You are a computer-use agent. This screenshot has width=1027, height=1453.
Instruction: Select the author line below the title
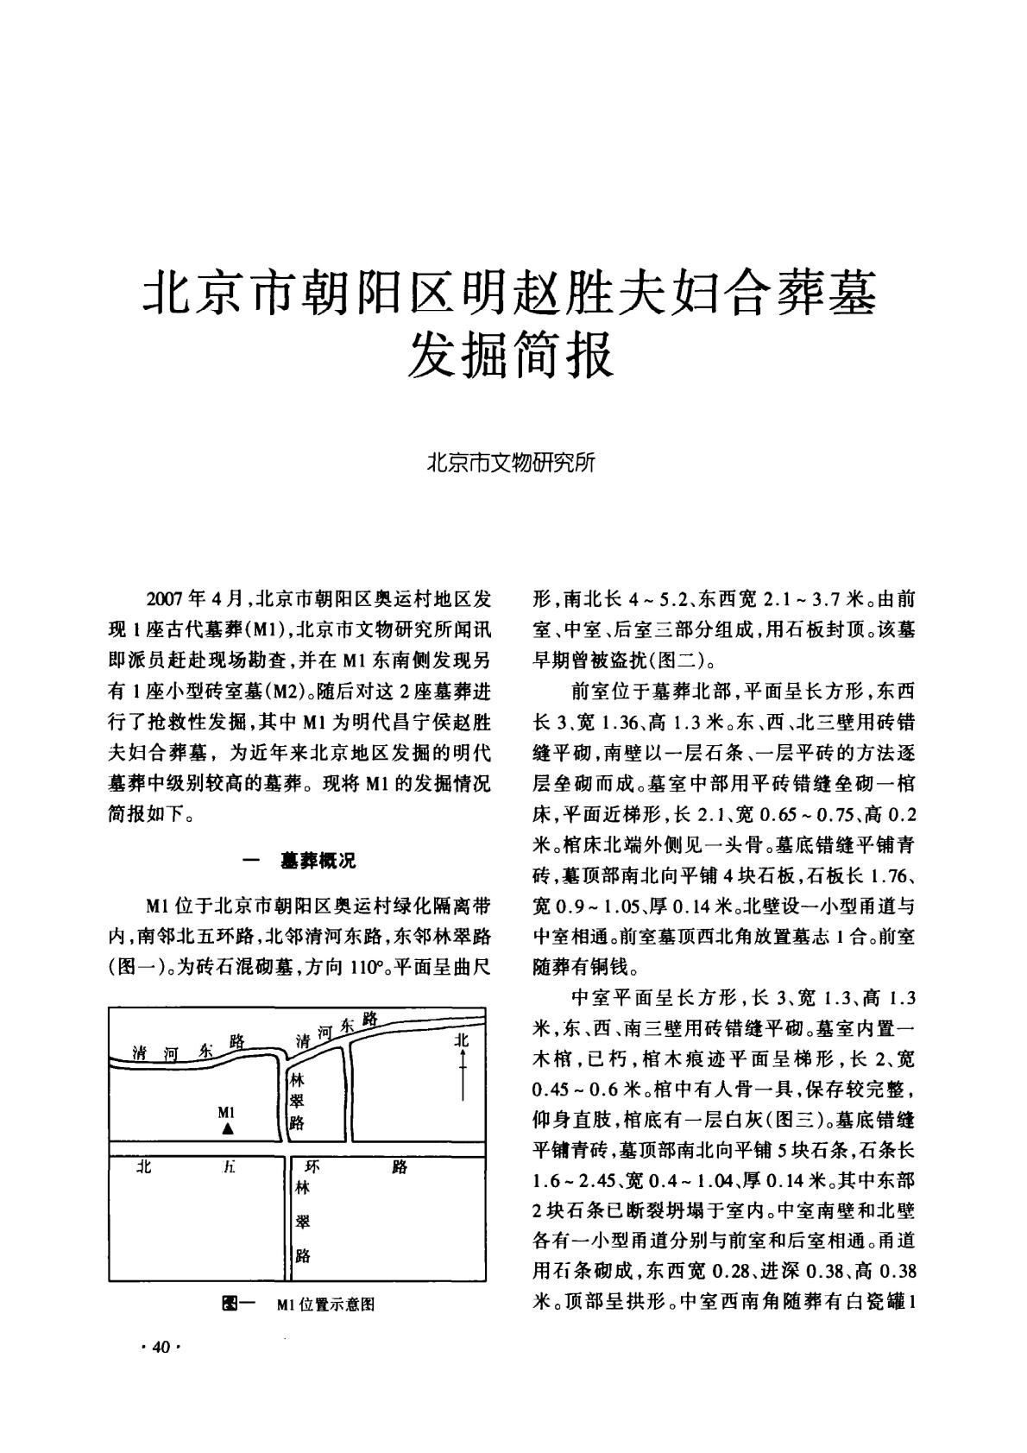pyautogui.click(x=513, y=461)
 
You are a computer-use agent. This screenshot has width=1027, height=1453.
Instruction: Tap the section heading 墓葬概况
pyautogui.click(x=318, y=860)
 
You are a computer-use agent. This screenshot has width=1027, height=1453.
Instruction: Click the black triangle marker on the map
pyautogui.click(x=227, y=1128)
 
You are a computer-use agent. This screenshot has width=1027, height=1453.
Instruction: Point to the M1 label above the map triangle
pyautogui.click(x=227, y=1111)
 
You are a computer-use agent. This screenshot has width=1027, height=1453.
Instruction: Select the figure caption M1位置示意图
pyautogui.click(x=326, y=1304)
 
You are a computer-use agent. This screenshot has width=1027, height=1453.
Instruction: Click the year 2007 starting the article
pyautogui.click(x=167, y=599)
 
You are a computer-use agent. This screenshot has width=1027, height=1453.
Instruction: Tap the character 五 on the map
pyautogui.click(x=228, y=1167)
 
